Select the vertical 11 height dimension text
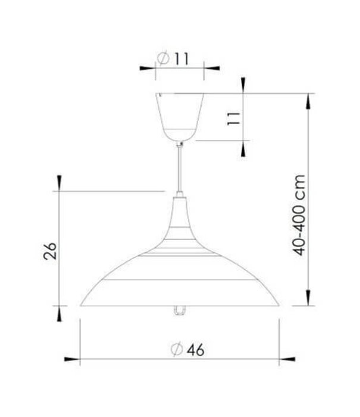click(234, 117)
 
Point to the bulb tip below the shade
click(180, 310)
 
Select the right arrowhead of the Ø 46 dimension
click(287, 359)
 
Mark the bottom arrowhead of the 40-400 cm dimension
click(308, 298)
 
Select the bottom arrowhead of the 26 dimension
click(59, 313)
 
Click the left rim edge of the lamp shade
click(82, 304)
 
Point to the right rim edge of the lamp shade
click(277, 304)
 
